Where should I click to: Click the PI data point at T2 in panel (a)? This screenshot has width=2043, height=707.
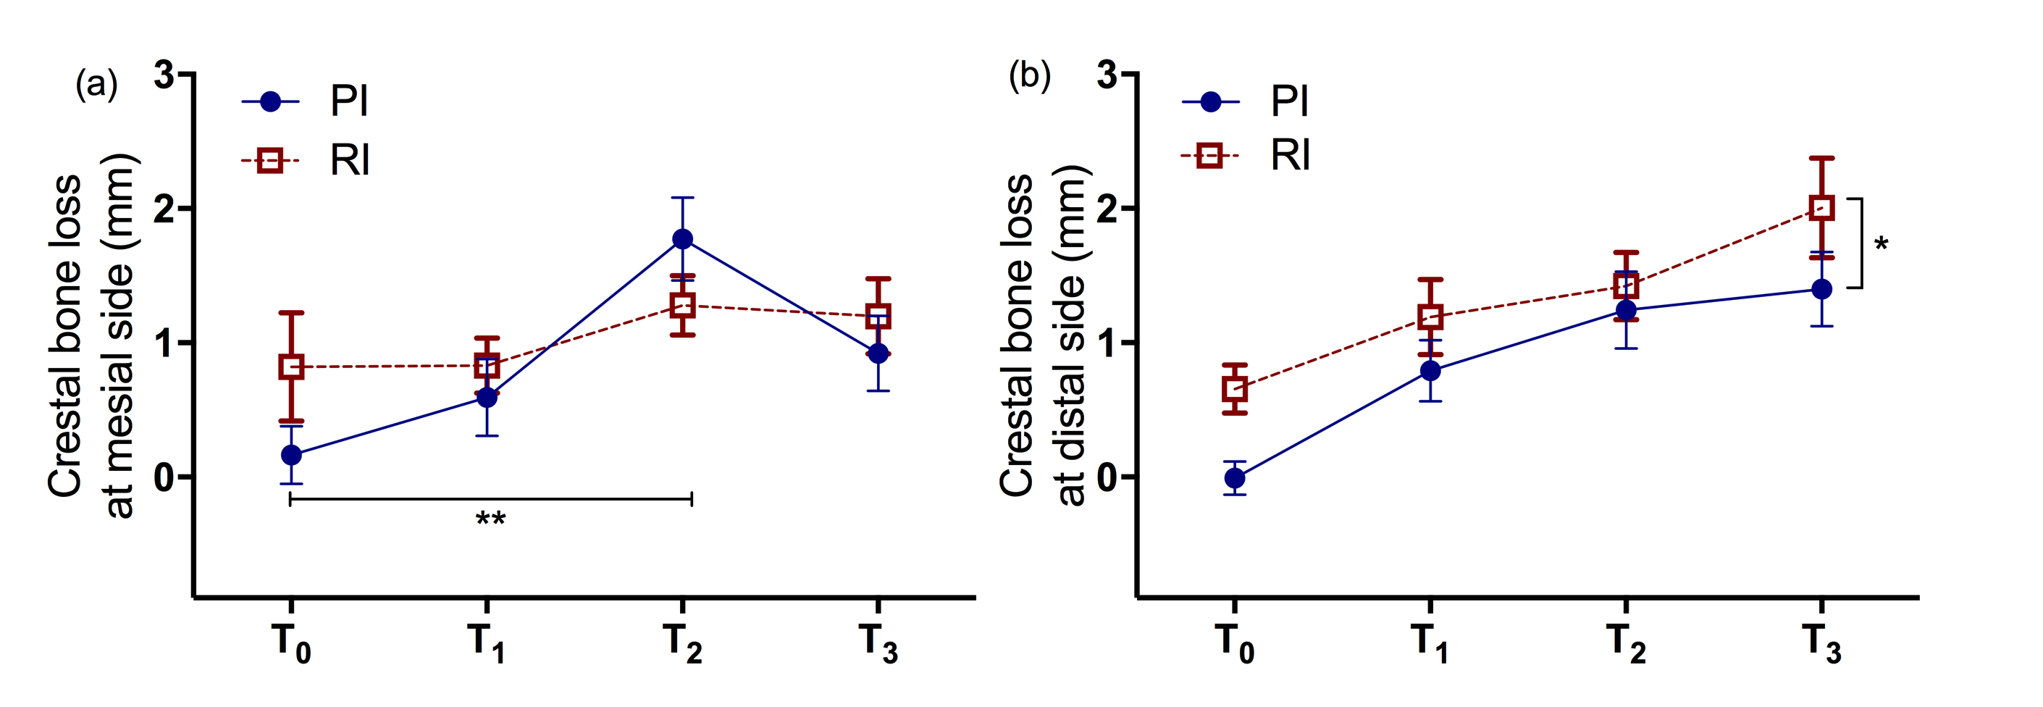(x=682, y=239)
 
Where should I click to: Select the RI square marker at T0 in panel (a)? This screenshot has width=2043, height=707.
(x=291, y=367)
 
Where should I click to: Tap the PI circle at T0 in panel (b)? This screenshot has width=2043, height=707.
(x=1234, y=477)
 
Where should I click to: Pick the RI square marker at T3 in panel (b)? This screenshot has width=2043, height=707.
(x=1821, y=208)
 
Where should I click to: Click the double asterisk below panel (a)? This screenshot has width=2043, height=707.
(x=490, y=519)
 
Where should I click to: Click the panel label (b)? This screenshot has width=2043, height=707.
(x=1028, y=78)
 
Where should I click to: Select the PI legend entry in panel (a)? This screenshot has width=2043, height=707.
(x=306, y=101)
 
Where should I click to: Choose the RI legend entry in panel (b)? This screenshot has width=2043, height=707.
(x=1246, y=156)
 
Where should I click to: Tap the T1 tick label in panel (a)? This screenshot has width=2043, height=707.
(x=486, y=643)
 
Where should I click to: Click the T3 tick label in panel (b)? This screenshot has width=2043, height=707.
(x=1821, y=643)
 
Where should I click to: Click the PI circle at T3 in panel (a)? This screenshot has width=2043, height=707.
(x=877, y=353)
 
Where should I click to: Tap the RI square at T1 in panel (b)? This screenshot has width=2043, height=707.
(x=1430, y=317)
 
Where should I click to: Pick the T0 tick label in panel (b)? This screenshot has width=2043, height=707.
(x=1234, y=643)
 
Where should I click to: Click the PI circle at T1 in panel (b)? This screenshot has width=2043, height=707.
(x=1430, y=371)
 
